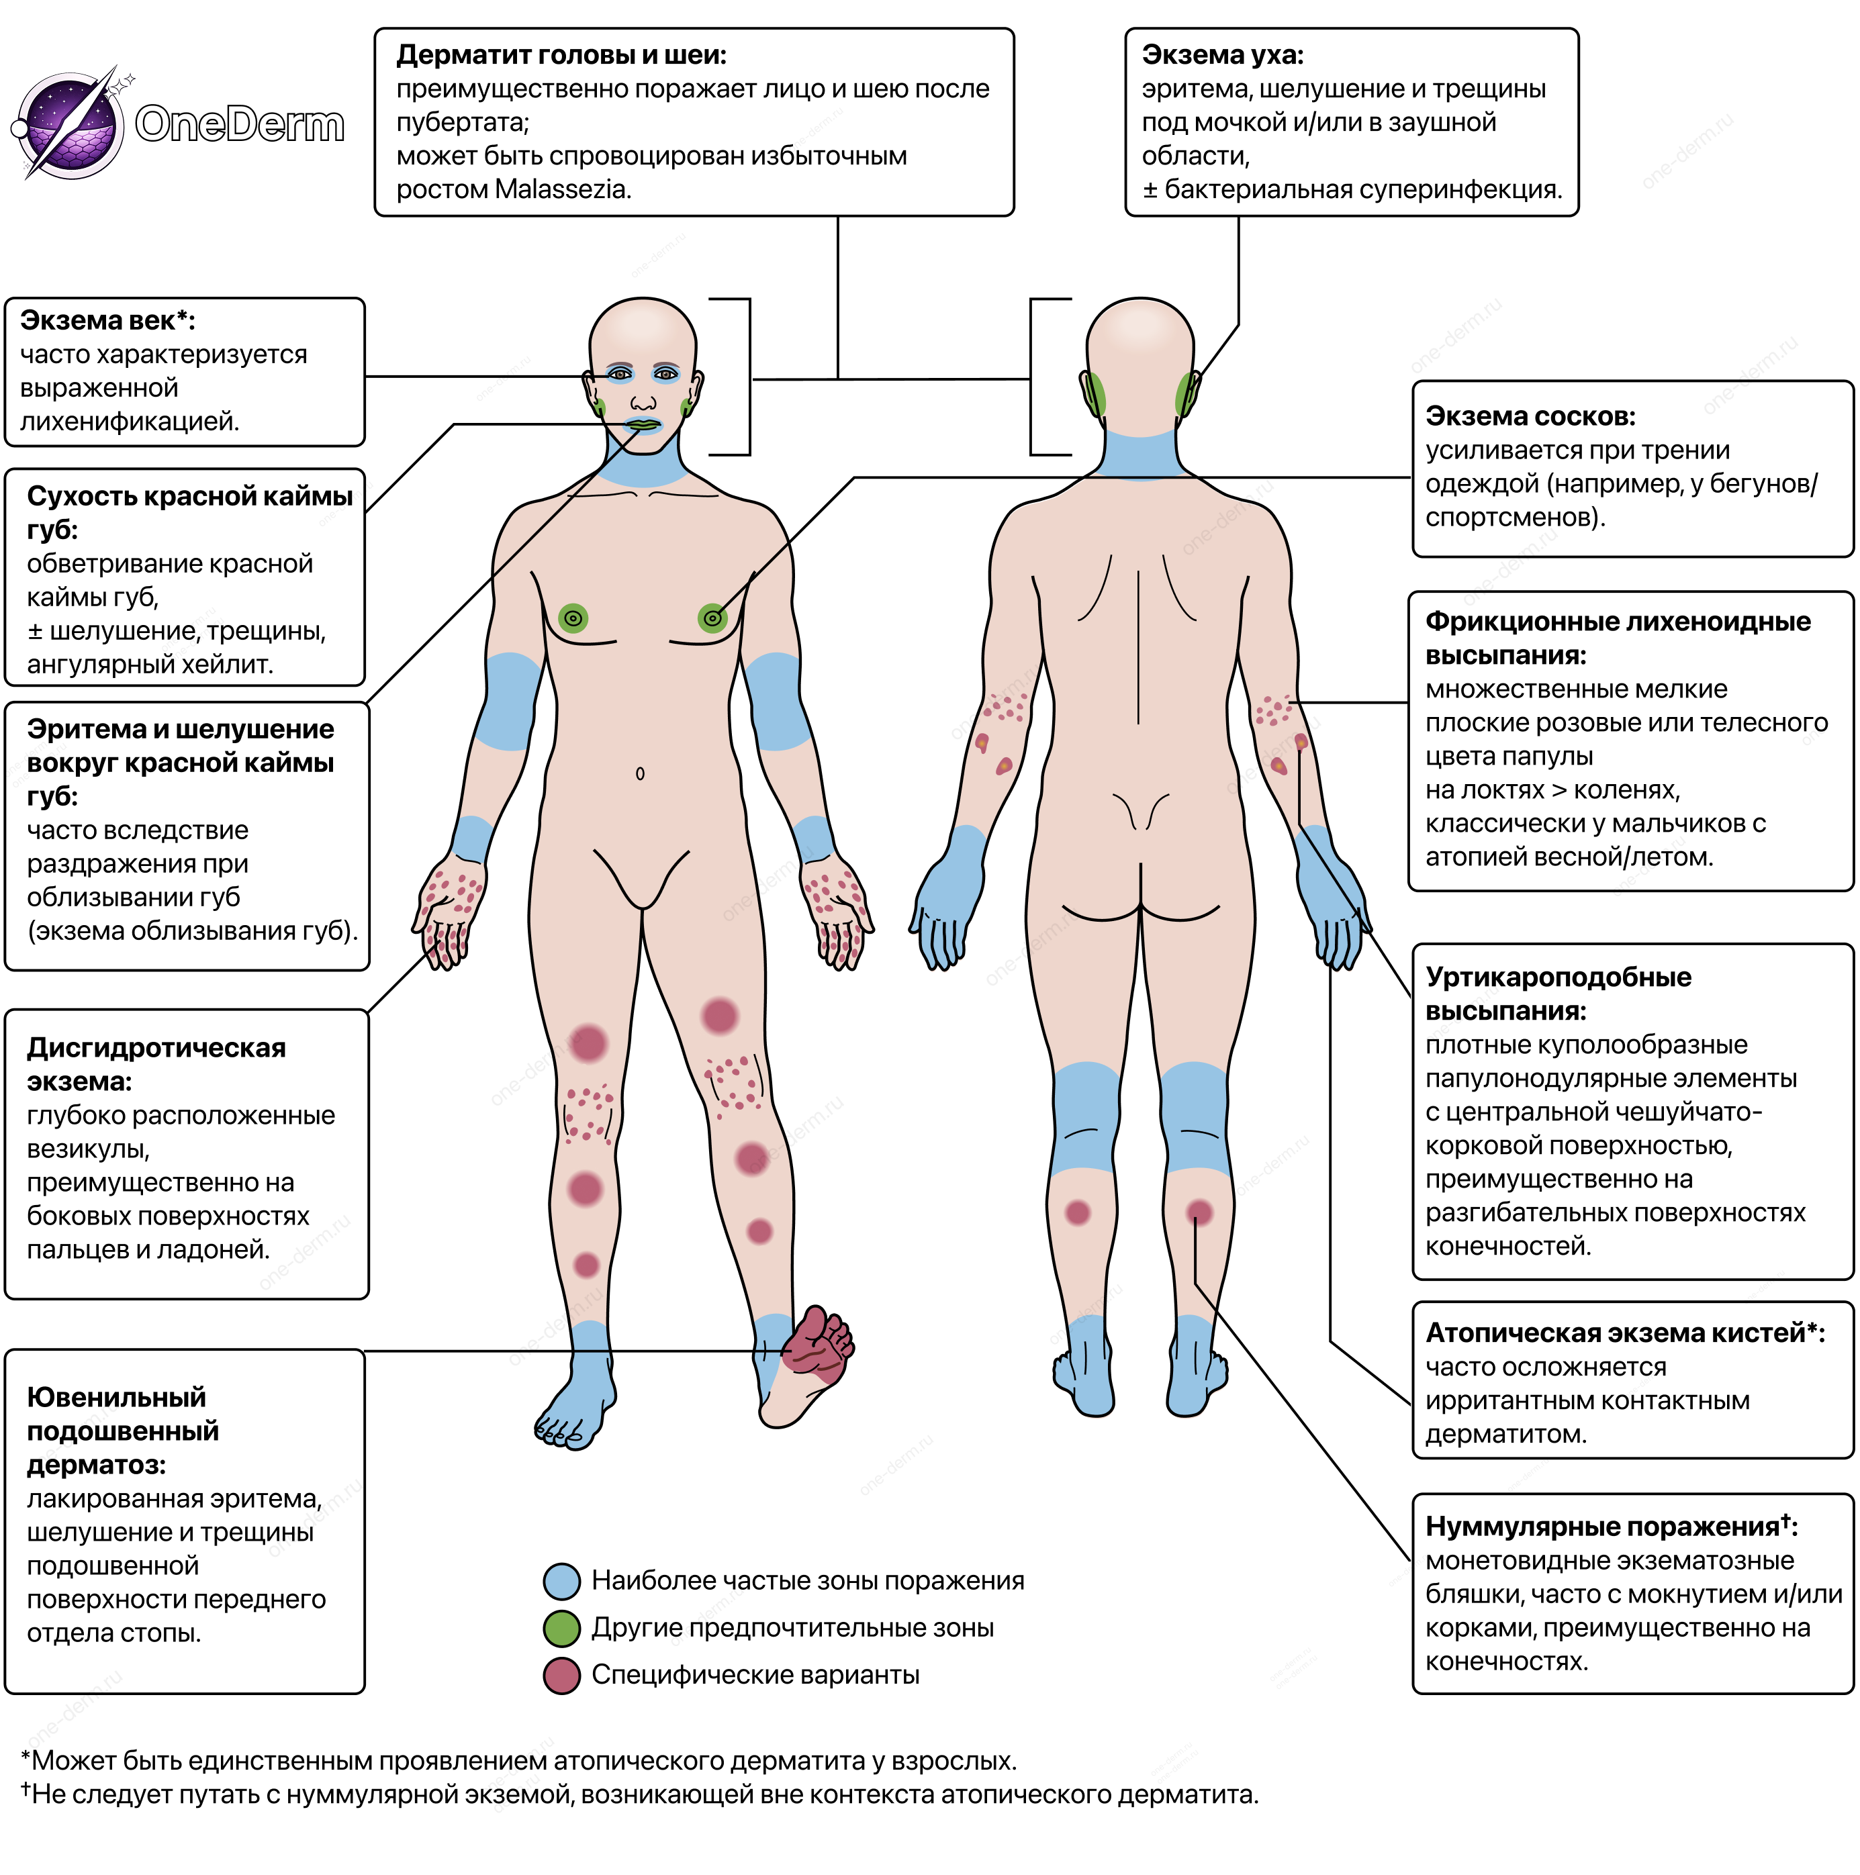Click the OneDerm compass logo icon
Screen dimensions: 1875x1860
(70, 124)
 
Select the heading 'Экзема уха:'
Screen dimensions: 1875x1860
(1222, 55)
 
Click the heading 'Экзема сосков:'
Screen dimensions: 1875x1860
(1530, 416)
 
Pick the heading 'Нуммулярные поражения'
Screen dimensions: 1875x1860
(1601, 1527)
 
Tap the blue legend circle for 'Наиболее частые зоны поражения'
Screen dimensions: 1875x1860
(562, 1581)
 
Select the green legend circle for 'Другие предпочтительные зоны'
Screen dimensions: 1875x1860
(562, 1627)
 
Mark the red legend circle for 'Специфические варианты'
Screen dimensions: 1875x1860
(562, 1675)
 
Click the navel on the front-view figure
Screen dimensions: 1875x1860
(640, 773)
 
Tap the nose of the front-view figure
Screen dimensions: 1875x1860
(643, 401)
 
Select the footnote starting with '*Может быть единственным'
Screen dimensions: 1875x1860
(518, 1760)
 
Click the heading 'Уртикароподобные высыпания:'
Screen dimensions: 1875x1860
(1557, 994)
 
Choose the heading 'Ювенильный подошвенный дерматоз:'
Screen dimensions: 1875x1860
(122, 1431)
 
